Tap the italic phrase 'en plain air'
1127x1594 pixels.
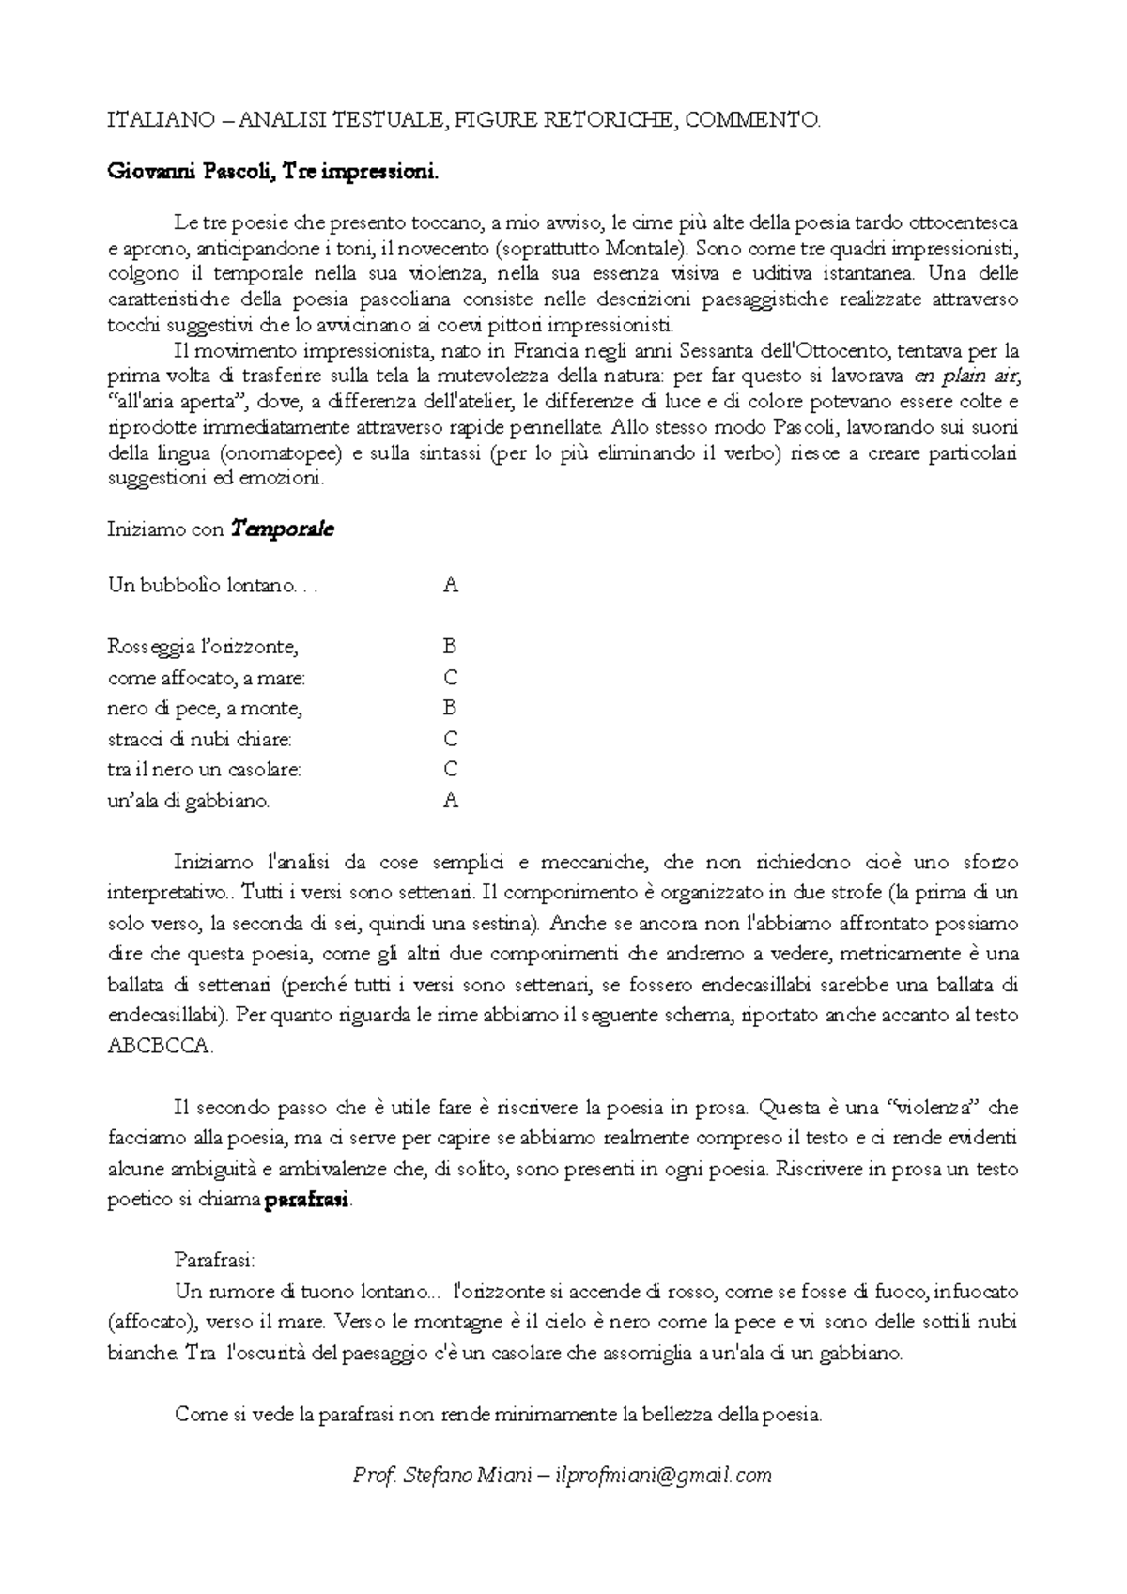966,376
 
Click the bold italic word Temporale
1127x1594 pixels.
283,529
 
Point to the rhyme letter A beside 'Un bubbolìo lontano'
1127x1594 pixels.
451,586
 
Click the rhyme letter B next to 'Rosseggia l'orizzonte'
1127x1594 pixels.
450,647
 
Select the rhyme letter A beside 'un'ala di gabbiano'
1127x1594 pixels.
451,801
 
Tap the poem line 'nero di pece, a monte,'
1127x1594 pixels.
205,708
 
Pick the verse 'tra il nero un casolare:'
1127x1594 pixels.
205,770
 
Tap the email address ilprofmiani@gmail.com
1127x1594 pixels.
664,1475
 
